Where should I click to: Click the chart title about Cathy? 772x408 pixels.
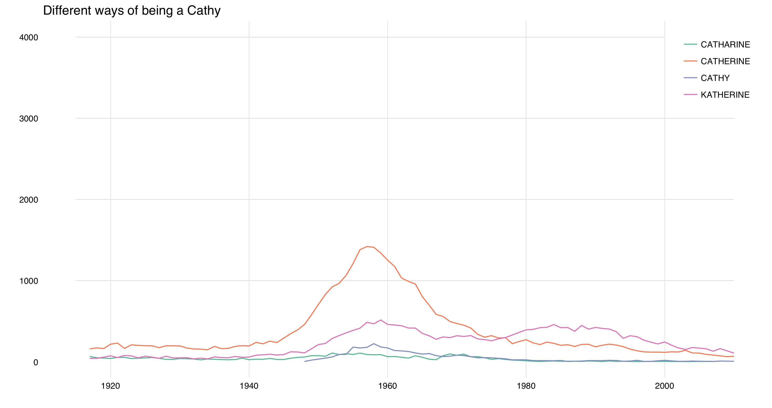tap(132, 10)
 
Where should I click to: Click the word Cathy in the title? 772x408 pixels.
tap(204, 10)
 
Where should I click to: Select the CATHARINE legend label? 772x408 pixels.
tap(725, 45)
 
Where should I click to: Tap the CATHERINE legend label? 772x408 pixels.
tap(725, 61)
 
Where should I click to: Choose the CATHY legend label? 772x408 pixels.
tap(715, 78)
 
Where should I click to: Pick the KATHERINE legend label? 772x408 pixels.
tap(725, 95)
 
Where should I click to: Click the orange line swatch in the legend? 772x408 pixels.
tap(690, 61)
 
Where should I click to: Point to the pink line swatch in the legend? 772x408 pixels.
tap(690, 95)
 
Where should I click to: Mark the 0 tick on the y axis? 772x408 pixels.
tap(36, 362)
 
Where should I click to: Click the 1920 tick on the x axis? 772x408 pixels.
tap(111, 386)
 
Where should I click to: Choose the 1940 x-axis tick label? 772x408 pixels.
tap(249, 386)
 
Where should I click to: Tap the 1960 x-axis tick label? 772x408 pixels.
tap(387, 386)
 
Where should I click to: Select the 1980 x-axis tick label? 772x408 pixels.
tap(526, 386)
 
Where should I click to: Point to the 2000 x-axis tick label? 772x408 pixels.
tap(664, 386)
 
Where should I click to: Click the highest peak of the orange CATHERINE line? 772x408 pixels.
tap(367, 246)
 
